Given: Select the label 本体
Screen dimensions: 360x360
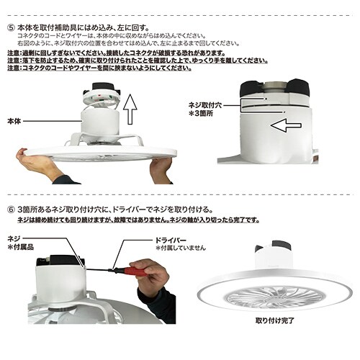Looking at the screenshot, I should (14, 122).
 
